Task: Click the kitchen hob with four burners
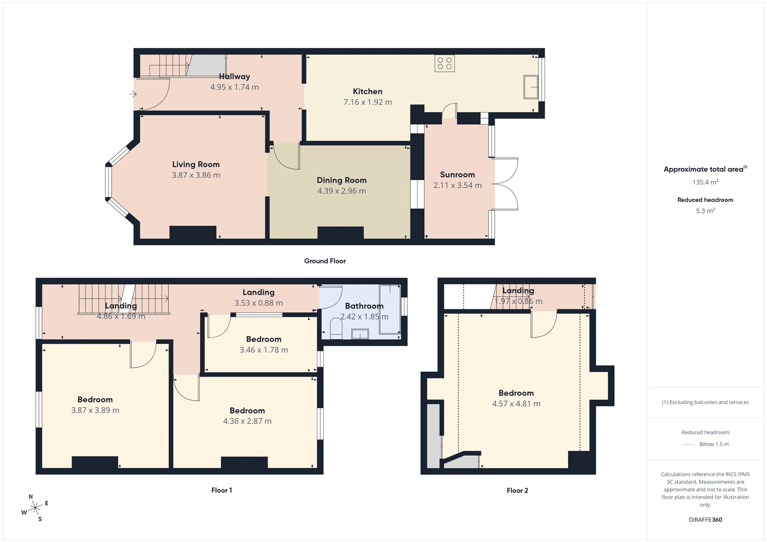(x=444, y=64)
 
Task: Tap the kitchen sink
(x=530, y=87)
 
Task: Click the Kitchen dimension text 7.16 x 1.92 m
(x=368, y=102)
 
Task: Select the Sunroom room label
(x=457, y=174)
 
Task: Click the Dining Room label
(x=341, y=180)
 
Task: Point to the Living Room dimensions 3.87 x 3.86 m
(x=196, y=175)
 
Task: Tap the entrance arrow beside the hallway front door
(x=133, y=94)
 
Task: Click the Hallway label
(x=234, y=76)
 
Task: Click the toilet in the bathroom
(x=336, y=330)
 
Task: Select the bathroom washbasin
(x=360, y=334)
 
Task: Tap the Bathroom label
(x=364, y=306)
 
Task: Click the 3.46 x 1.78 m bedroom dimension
(x=264, y=350)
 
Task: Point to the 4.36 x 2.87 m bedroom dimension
(x=247, y=421)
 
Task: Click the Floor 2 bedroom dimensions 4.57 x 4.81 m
(x=516, y=404)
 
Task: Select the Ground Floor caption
(x=325, y=261)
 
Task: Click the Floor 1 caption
(x=221, y=490)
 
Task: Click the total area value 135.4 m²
(x=705, y=182)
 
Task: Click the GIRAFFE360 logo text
(x=705, y=519)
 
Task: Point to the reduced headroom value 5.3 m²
(x=705, y=211)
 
